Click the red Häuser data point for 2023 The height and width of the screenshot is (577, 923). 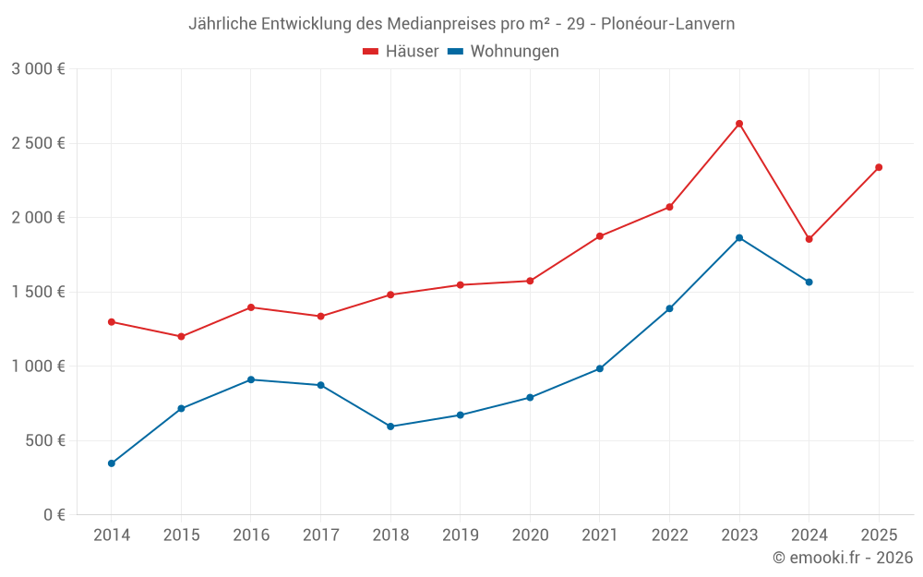pos(739,124)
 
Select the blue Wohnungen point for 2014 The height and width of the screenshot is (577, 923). pos(112,463)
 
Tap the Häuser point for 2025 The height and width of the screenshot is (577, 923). pos(879,167)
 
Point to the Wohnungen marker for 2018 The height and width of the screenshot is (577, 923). pos(390,427)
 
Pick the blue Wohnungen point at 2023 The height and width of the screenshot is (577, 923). pos(739,238)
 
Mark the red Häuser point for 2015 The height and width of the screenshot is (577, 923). pos(181,337)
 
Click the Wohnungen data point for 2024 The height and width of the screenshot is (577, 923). pos(809,282)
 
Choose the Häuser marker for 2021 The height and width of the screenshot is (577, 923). pos(600,236)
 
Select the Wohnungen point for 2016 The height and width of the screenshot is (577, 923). pos(251,379)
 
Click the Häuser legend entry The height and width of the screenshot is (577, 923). pos(401,52)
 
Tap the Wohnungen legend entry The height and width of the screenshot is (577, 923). pos(504,52)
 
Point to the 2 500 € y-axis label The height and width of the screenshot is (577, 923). pos(38,143)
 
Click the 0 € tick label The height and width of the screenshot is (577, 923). pos(54,515)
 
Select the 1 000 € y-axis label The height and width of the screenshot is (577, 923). pos(38,367)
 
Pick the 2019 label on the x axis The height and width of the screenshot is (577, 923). pos(461,535)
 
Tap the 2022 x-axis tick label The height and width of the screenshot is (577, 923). pos(669,535)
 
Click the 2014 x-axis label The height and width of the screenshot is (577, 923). pos(112,535)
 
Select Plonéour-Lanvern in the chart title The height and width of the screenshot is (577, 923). pos(667,24)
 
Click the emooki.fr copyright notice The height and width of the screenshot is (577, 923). pos(843,558)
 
